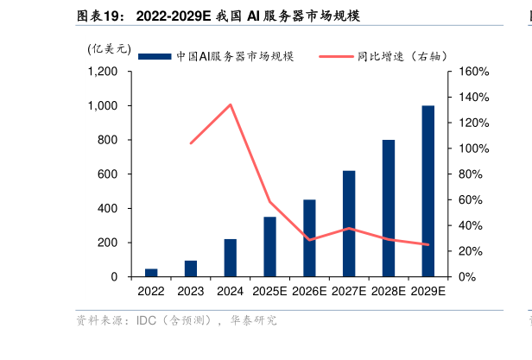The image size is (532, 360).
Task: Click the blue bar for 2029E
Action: coord(427,191)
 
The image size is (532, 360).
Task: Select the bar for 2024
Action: coord(230,257)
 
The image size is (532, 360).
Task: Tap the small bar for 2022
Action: coord(151,272)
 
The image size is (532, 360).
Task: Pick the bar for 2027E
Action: coord(349,223)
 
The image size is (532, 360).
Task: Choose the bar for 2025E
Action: coord(269,246)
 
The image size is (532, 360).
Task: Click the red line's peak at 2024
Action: coord(230,104)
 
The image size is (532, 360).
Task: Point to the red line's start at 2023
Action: coord(191,142)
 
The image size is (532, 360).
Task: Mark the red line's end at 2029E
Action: coord(427,244)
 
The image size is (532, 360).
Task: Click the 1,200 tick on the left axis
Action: coord(104,72)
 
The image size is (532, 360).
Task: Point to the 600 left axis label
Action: coord(110,174)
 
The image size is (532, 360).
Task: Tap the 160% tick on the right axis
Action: coord(474,72)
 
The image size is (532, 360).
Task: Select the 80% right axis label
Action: coord(472,174)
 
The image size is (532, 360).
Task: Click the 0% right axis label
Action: coord(468,277)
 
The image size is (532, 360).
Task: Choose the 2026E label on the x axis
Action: coord(309,293)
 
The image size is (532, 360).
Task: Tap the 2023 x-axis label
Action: coord(191,293)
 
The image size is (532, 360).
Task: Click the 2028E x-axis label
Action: coord(388,293)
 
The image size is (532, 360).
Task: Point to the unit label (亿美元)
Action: coord(108,49)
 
